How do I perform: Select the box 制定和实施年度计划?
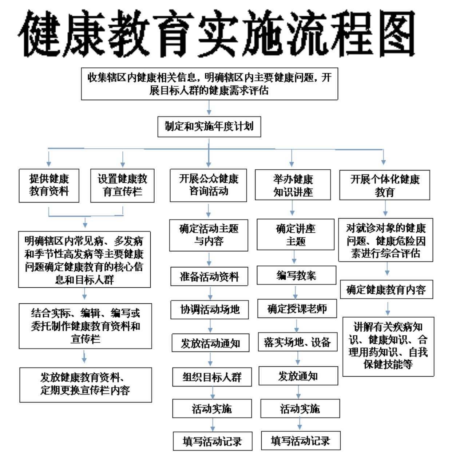[x=209, y=127]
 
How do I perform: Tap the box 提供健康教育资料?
[x=49, y=186]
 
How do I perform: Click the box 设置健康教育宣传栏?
[x=122, y=186]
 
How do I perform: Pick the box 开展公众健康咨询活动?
[x=208, y=185]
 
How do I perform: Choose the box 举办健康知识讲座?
[x=293, y=185]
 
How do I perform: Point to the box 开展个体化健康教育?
[x=385, y=185]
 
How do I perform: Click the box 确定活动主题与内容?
[x=209, y=235]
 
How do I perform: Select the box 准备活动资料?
[x=209, y=276]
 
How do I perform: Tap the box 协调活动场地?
[x=210, y=310]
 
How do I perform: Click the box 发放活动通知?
[x=210, y=343]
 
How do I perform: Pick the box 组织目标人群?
[x=212, y=377]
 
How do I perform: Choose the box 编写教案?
[x=296, y=275]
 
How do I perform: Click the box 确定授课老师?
[x=297, y=308]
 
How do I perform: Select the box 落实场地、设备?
[x=298, y=342]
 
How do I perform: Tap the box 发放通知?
[x=298, y=376]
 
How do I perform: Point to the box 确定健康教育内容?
[x=386, y=289]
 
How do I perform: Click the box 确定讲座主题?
[x=296, y=235]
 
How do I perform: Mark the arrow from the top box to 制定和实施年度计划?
[x=209, y=107]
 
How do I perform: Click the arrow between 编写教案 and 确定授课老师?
[x=296, y=292]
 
